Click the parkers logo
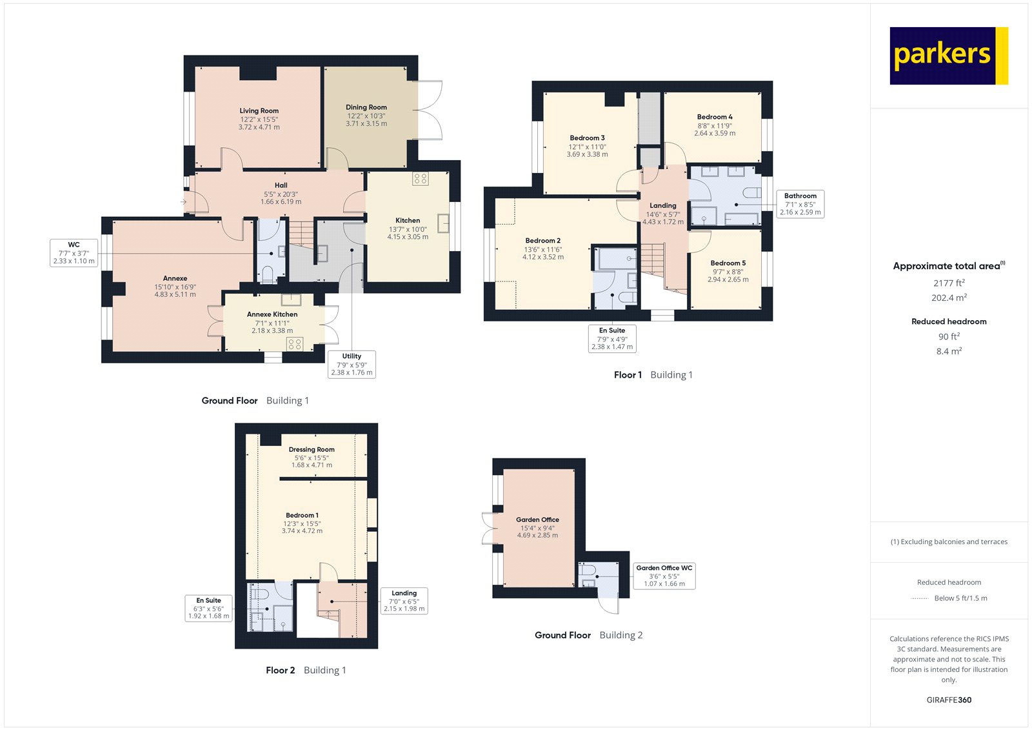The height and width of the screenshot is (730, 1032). [x=948, y=56]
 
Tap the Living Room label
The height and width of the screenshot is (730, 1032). [x=259, y=111]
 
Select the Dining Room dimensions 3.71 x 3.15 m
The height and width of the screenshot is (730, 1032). [x=366, y=124]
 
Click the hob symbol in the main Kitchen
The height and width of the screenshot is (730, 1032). [x=421, y=179]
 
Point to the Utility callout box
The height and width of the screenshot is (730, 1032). [x=352, y=364]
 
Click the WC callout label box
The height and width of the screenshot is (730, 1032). [x=74, y=252]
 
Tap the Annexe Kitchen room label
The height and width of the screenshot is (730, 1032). [x=272, y=314]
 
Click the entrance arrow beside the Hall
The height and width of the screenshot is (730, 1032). [x=184, y=202]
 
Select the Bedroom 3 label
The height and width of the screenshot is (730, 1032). [x=587, y=138]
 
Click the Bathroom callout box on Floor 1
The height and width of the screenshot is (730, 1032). [x=800, y=204]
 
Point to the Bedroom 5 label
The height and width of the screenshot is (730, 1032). [x=728, y=263]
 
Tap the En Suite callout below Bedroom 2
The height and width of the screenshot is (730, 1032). [x=611, y=338]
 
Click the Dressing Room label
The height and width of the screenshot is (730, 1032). [x=312, y=449]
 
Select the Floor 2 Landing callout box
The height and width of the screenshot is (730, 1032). [x=404, y=601]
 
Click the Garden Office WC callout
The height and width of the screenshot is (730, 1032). [x=664, y=576]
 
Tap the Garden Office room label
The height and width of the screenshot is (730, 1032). [x=537, y=520]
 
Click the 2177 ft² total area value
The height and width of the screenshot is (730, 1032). [x=949, y=283]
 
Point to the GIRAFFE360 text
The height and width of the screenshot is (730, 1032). [x=949, y=700]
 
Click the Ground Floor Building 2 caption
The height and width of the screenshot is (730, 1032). [x=588, y=635]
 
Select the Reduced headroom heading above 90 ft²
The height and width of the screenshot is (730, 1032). [x=949, y=321]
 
